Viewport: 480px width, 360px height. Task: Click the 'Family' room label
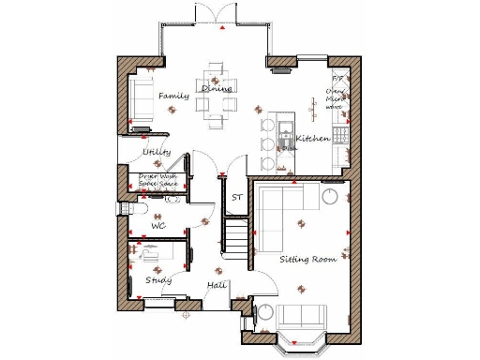pos(173,96)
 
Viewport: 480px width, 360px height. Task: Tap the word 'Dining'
pos(217,88)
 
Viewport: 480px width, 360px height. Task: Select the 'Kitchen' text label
pos(312,139)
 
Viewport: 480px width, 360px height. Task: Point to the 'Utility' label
pos(156,151)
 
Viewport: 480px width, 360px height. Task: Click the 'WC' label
pos(158,226)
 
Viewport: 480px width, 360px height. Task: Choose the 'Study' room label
pos(157,279)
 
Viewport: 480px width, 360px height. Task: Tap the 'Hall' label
pos(217,284)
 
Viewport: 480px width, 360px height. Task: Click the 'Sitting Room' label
pos(307,257)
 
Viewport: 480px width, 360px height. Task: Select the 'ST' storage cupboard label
pos(237,198)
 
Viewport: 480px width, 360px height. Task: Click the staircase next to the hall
pos(237,241)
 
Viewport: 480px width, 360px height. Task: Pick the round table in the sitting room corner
pos(331,196)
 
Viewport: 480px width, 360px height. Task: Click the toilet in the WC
pos(127,210)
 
